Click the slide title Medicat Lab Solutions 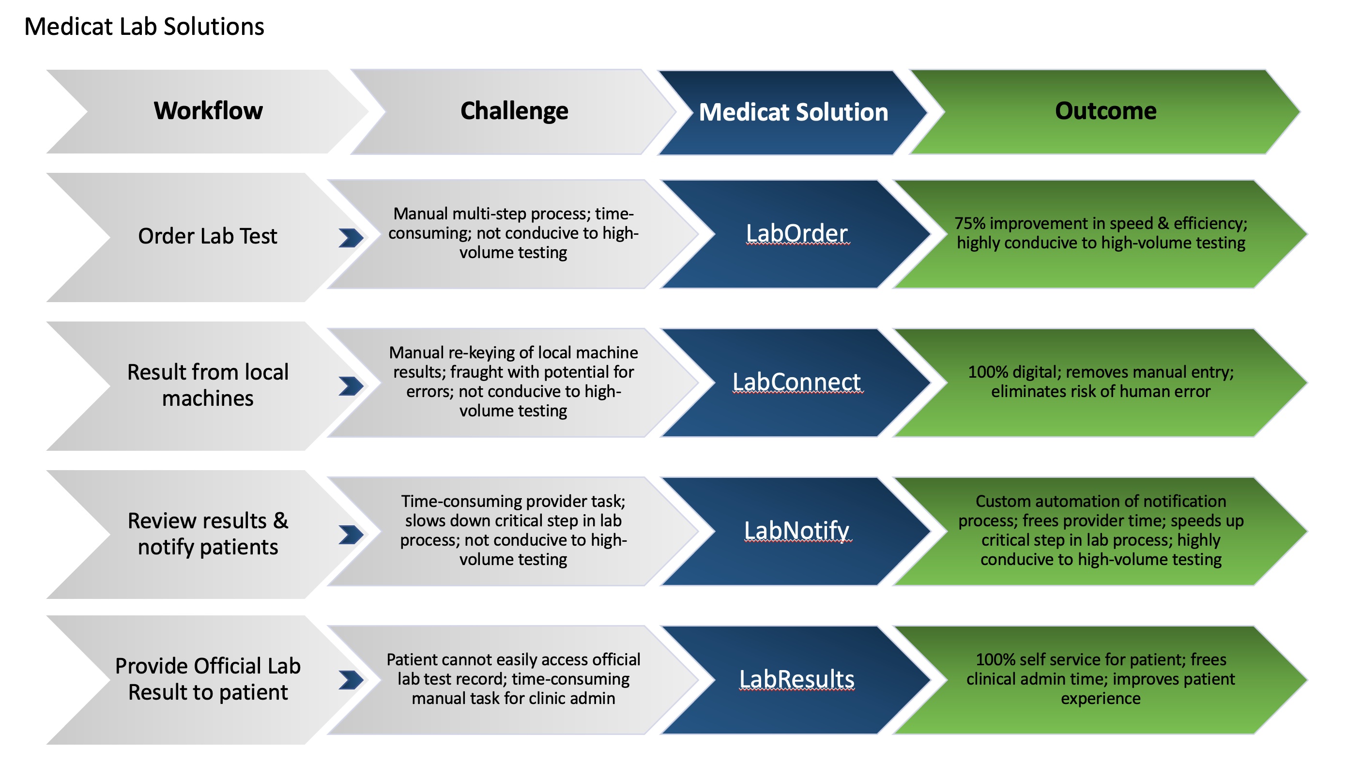click(x=144, y=26)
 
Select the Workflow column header click(x=208, y=111)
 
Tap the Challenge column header click(x=514, y=111)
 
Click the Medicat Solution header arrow click(x=793, y=112)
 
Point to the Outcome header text click(x=1106, y=111)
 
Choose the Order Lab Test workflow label click(x=208, y=236)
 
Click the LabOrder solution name click(x=797, y=233)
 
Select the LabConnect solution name click(x=797, y=382)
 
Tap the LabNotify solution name click(x=797, y=531)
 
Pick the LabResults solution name click(x=797, y=679)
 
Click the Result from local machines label click(x=208, y=385)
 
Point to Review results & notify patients click(x=208, y=534)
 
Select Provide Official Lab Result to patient click(x=208, y=679)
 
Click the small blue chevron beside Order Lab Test click(x=351, y=237)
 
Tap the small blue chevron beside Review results click(x=351, y=535)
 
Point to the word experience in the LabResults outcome click(x=1101, y=699)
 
